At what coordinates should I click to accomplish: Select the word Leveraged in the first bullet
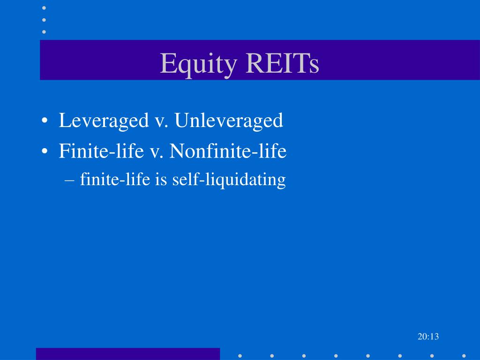(104, 121)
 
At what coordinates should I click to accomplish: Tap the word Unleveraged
(229, 121)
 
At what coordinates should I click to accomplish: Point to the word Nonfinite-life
(228, 151)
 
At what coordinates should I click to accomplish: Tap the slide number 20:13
(427, 337)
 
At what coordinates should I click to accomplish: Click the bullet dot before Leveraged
(45, 121)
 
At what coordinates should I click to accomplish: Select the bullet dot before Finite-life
(45, 151)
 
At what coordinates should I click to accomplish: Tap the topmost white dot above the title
(45, 8)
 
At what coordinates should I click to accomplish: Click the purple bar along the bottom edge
(127, 354)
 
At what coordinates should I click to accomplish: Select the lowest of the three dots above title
(45, 31)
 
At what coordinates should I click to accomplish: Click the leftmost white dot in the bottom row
(240, 355)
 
